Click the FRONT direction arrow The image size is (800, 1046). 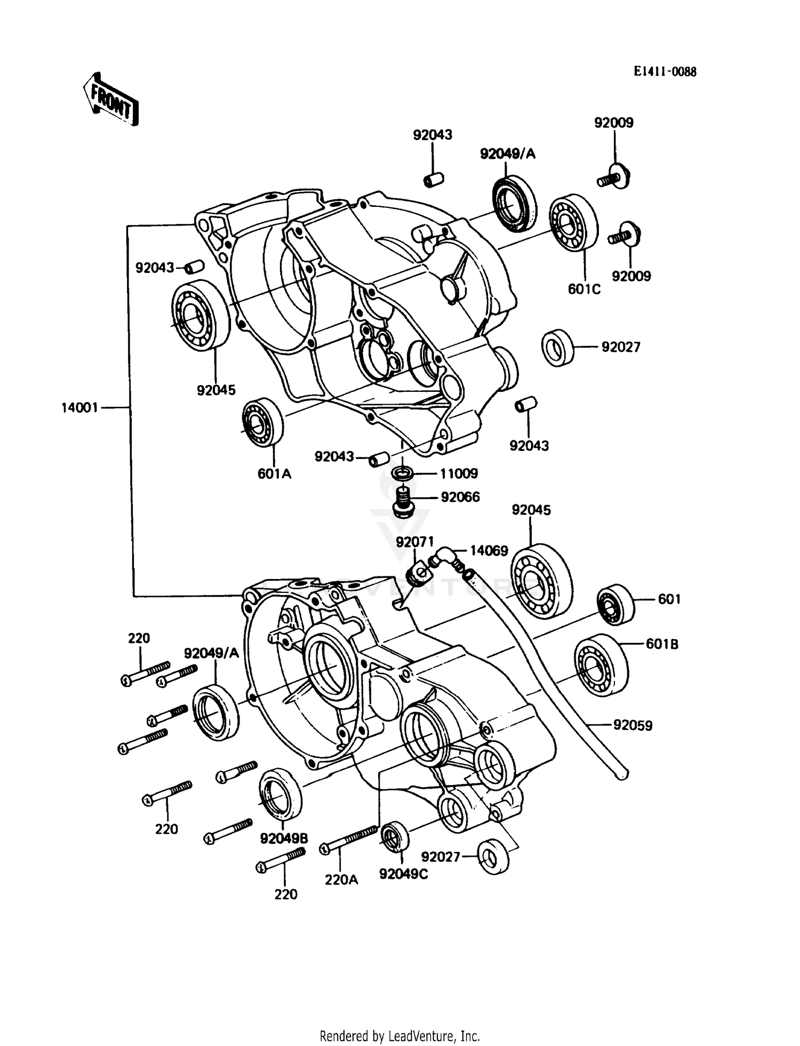(x=111, y=100)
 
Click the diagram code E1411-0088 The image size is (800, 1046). (x=665, y=72)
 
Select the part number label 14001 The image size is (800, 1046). (x=79, y=408)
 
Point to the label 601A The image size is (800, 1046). (x=274, y=473)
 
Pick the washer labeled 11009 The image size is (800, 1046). (x=403, y=473)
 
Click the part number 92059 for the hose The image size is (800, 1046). (x=633, y=726)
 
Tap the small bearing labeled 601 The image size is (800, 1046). (x=615, y=605)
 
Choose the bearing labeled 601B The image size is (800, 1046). (x=601, y=665)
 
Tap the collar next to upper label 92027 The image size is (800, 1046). (x=557, y=348)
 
